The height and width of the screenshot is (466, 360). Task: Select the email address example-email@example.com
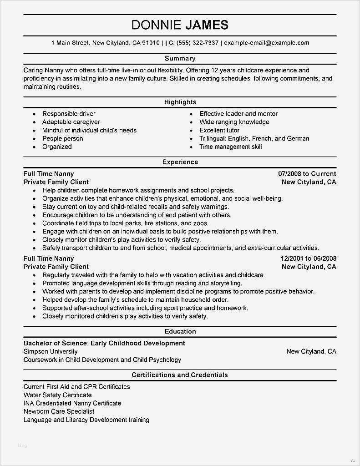point(267,43)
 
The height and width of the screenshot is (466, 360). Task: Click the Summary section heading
point(180,58)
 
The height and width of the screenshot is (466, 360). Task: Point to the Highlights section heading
point(180,102)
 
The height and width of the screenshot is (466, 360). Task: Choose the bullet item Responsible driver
point(69,114)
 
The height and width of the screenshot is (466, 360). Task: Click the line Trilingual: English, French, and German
point(254,138)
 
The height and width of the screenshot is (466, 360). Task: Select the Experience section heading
point(180,162)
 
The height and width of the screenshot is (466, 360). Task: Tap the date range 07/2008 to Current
point(307,174)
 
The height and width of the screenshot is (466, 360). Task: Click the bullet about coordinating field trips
point(125,223)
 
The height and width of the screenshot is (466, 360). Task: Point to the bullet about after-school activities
point(145,308)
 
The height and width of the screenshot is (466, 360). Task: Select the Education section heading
point(180,331)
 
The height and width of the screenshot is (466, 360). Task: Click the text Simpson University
point(51,351)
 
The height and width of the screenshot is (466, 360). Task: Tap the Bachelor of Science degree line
point(104,343)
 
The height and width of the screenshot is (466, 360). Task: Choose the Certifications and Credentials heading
point(180,375)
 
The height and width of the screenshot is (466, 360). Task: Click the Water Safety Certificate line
point(57,395)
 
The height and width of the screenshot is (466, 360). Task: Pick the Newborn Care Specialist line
point(59,411)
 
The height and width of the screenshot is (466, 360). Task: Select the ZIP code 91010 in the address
point(150,43)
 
